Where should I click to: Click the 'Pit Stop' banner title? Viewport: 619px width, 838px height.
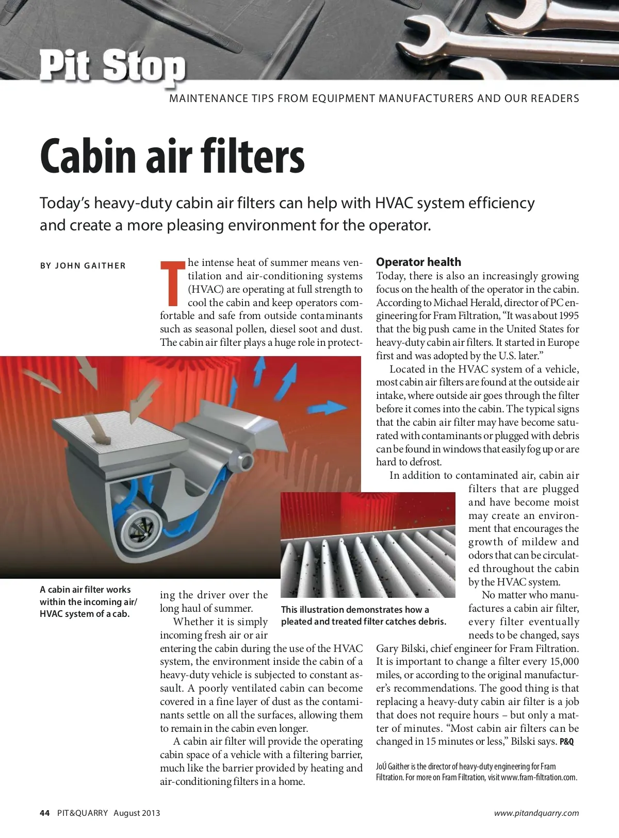112,66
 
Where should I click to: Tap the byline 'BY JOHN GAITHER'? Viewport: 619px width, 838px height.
83,266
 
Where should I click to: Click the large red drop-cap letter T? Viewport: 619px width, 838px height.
173,283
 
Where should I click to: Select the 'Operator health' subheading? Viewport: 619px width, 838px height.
418,262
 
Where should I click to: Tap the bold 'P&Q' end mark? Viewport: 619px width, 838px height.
566,742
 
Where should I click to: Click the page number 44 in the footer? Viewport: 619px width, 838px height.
45,813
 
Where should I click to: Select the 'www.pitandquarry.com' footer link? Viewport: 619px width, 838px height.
536,813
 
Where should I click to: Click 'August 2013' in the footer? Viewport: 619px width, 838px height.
137,813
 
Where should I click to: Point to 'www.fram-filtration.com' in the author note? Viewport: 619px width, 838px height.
539,777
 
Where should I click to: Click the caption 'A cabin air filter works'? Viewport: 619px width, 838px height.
85,590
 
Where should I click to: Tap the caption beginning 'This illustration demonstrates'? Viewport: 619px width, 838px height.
355,610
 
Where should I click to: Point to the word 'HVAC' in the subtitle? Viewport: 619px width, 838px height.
394,203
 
